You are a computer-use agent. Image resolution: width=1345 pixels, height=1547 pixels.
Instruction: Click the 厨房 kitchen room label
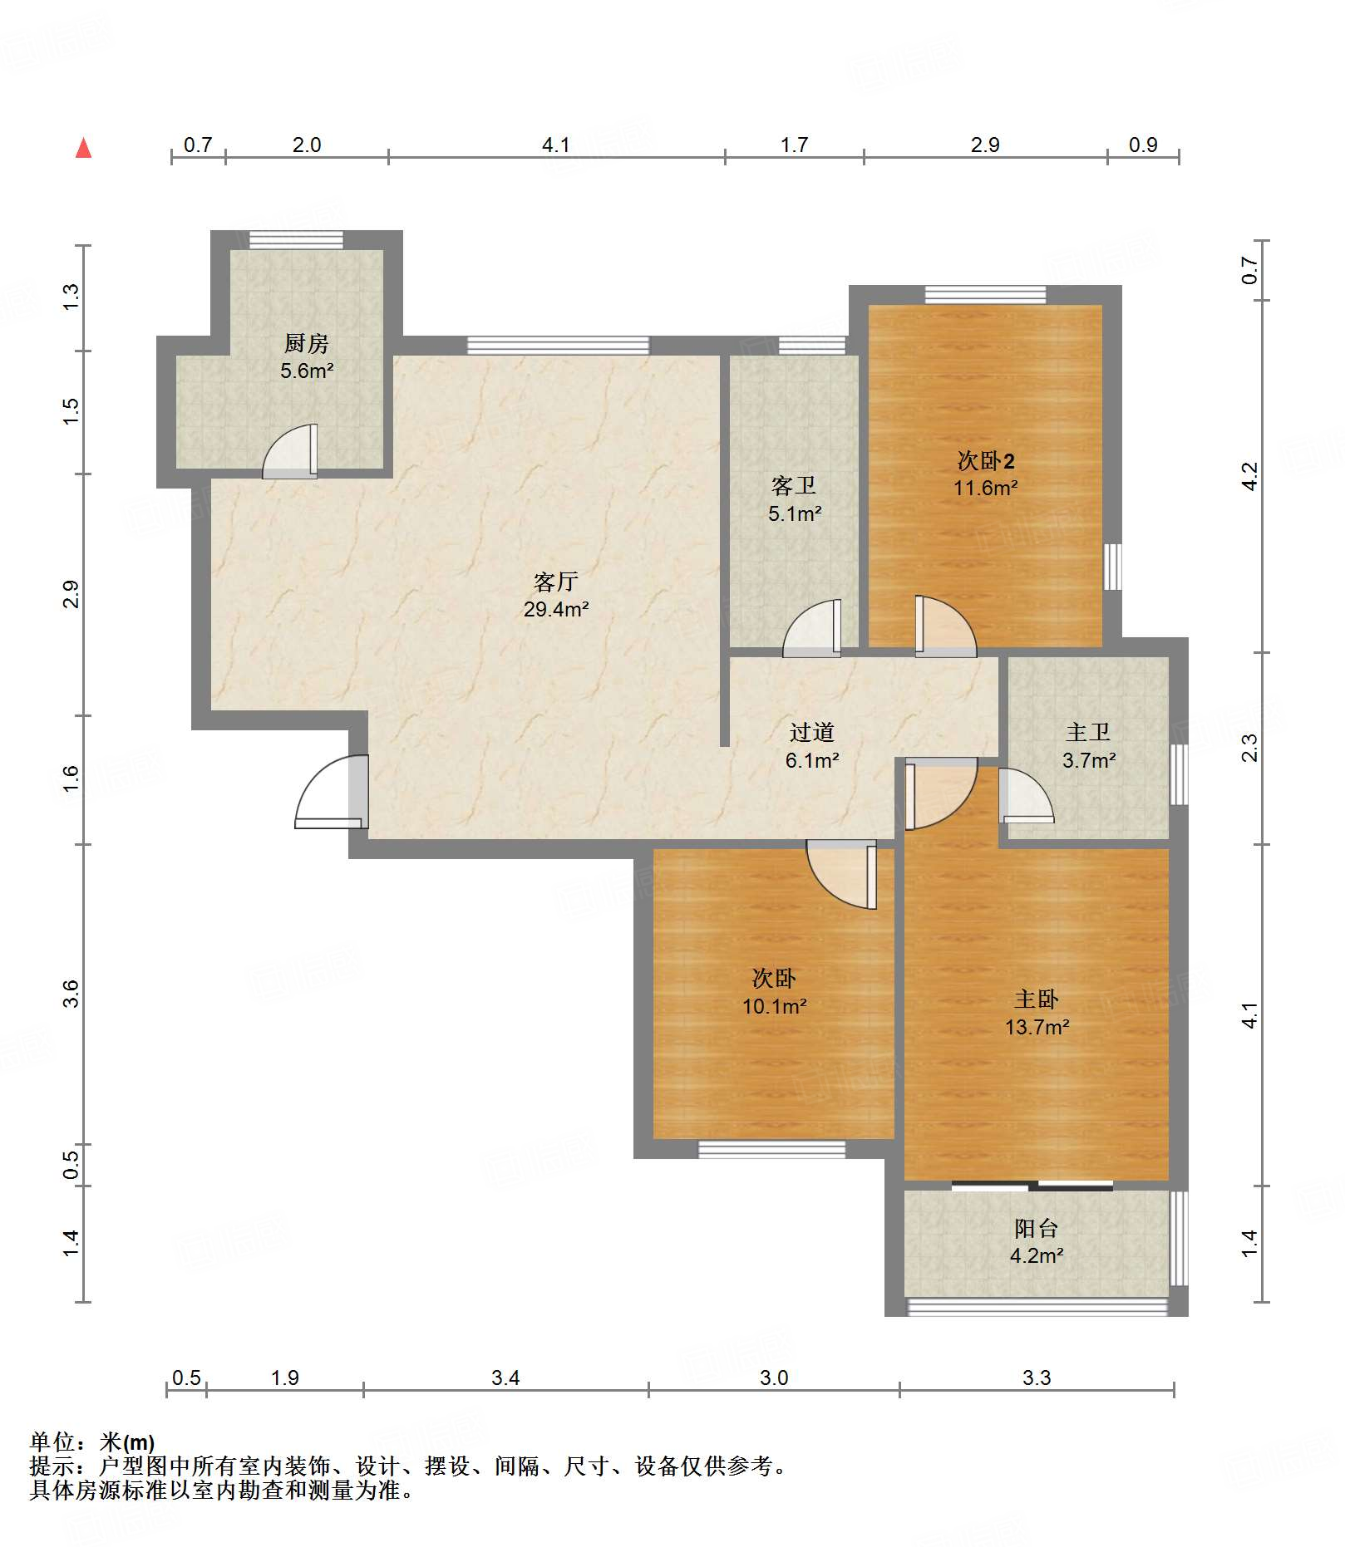pyautogui.click(x=306, y=342)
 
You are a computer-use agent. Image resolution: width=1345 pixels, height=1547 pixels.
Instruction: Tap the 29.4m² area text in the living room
pyautogui.click(x=556, y=609)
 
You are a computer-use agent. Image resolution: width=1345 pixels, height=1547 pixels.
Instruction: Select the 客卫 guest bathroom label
pyautogui.click(x=794, y=485)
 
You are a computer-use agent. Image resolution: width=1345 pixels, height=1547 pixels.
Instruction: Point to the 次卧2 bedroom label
pyautogui.click(x=986, y=460)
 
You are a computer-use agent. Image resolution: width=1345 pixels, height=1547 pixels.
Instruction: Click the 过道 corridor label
pyautogui.click(x=811, y=732)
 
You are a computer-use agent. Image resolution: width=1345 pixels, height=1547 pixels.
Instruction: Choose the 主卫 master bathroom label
pyautogui.click(x=1088, y=732)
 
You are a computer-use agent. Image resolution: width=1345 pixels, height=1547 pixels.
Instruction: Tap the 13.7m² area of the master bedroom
pyautogui.click(x=1037, y=1027)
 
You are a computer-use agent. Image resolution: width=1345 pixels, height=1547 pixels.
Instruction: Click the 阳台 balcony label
pyautogui.click(x=1036, y=1228)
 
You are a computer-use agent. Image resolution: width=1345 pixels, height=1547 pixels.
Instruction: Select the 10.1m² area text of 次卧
pyautogui.click(x=774, y=1006)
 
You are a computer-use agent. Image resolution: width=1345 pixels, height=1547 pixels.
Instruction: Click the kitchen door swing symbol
pyautogui.click(x=290, y=452)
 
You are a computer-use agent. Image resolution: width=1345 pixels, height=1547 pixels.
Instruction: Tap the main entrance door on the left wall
pyautogui.click(x=332, y=791)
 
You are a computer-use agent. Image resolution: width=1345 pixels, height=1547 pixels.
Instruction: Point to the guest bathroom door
pyautogui.click(x=812, y=628)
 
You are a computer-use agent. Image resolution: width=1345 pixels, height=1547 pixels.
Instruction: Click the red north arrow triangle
pyautogui.click(x=83, y=148)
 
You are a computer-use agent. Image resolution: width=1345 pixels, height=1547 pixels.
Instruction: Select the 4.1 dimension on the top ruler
pyautogui.click(x=555, y=145)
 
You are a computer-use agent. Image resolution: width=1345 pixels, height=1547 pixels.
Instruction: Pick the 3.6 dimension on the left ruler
pyautogui.click(x=71, y=994)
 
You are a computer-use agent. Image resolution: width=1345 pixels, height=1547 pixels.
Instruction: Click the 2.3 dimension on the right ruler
pyautogui.click(x=1249, y=748)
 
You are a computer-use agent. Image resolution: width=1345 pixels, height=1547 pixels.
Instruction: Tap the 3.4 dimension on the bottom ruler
pyautogui.click(x=505, y=1378)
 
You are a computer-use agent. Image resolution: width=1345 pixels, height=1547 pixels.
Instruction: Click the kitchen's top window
pyautogui.click(x=297, y=239)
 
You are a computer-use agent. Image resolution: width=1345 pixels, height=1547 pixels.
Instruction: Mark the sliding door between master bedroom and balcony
pyautogui.click(x=1032, y=1185)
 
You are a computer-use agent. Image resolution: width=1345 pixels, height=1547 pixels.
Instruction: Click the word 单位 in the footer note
pyautogui.click(x=52, y=1441)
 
